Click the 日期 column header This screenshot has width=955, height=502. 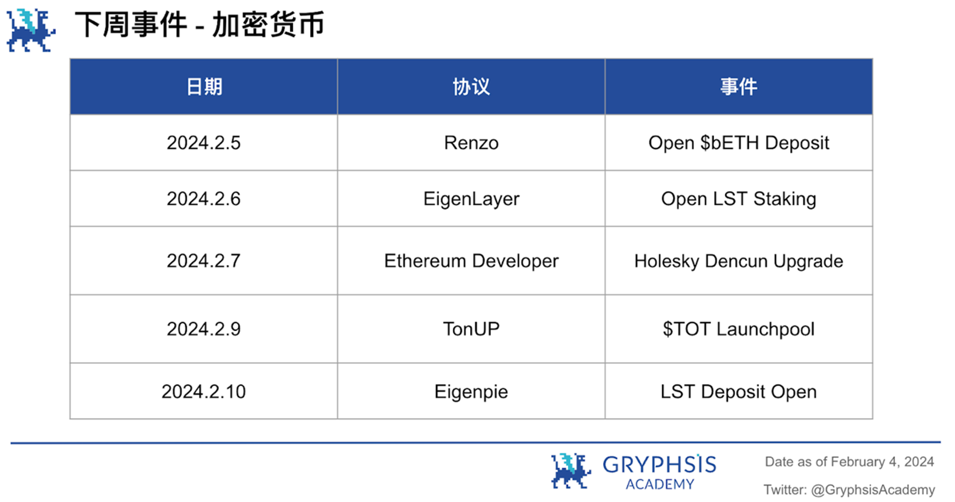204,87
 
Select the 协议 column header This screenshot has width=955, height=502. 471,87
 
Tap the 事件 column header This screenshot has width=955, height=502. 738,87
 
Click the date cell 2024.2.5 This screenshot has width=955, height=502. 203,143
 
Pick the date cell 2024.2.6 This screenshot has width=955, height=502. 203,199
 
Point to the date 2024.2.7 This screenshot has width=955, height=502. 203,261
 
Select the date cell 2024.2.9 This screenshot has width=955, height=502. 203,329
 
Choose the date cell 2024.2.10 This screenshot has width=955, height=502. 203,392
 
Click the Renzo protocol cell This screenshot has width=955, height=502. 471,143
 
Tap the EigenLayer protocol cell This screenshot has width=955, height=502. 471,199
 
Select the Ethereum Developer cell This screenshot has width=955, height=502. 471,261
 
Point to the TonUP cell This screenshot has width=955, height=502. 471,329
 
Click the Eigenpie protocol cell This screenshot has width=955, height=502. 471,392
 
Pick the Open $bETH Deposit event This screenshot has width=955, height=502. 738,143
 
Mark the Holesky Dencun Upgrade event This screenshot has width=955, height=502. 738,261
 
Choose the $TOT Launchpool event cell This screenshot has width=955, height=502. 738,329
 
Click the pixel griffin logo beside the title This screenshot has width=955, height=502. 31,30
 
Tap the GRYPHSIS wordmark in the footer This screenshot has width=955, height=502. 659,465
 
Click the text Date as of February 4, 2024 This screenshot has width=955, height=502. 849,462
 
